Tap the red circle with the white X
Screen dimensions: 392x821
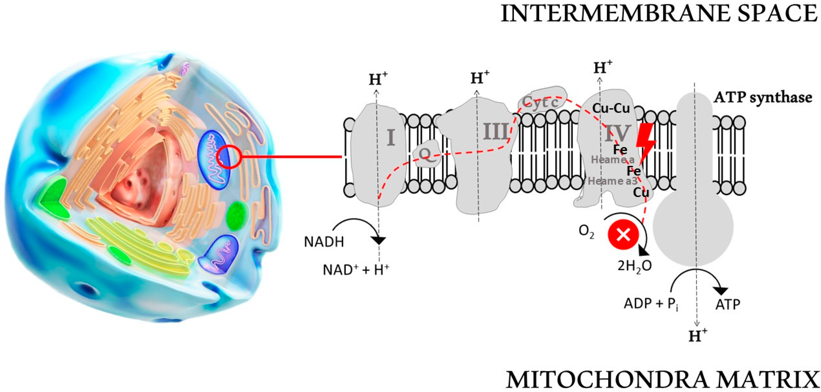(x=623, y=235)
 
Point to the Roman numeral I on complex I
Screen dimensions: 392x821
(x=391, y=137)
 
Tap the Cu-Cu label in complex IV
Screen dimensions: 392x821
(x=611, y=108)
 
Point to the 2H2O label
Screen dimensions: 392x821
(x=634, y=266)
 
